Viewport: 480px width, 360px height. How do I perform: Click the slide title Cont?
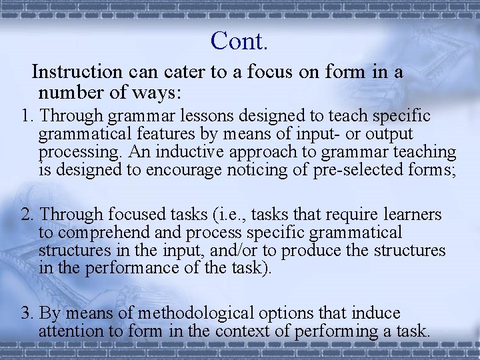239,41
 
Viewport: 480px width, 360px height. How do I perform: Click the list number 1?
27,116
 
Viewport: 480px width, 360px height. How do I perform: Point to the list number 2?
27,215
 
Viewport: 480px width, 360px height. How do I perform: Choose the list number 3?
27,313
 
